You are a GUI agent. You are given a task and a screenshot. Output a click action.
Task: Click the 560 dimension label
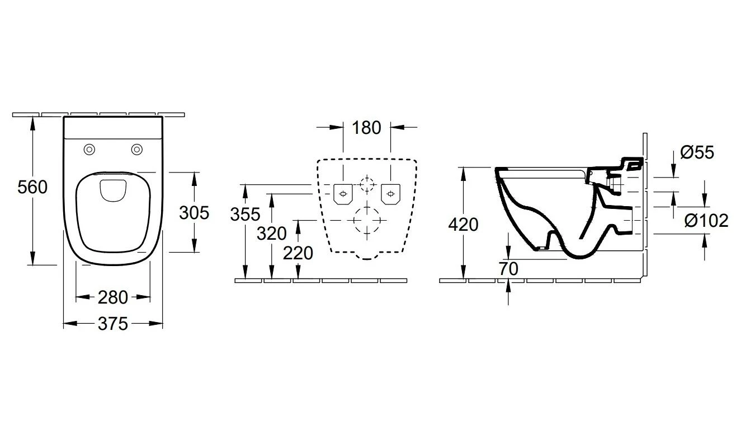coord(32,187)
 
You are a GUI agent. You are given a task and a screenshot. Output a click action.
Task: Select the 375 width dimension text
coord(113,324)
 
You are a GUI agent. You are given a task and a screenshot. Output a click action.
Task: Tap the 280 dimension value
coord(113,297)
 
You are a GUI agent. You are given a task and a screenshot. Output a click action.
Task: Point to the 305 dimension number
coord(194,213)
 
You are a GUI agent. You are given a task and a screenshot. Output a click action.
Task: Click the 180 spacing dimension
coord(366,128)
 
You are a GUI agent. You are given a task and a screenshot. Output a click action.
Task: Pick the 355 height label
coord(245,215)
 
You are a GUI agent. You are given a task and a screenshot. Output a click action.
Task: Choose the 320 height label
coord(272,234)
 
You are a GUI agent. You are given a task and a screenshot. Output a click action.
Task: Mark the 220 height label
coord(298,253)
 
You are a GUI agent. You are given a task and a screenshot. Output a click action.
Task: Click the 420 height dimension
coord(463,225)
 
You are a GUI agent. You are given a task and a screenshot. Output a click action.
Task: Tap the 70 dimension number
coord(508,269)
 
